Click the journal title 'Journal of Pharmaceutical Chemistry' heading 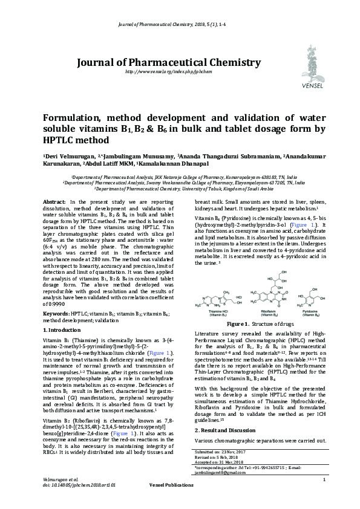point(168,62)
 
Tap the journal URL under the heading point(168,72)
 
